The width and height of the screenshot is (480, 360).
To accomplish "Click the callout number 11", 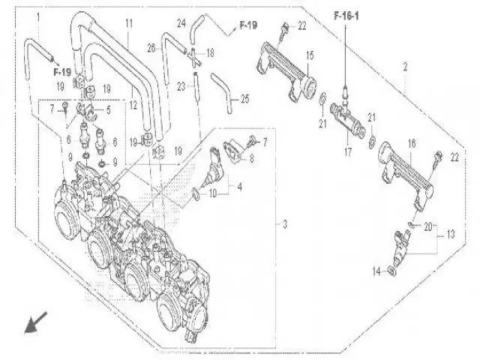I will [x=129, y=24].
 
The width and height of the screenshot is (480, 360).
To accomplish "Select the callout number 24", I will [x=181, y=23].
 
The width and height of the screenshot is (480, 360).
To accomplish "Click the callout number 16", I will [x=412, y=142].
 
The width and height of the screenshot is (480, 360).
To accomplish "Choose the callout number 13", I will [x=450, y=234].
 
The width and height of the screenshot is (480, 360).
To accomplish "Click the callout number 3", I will [x=285, y=223].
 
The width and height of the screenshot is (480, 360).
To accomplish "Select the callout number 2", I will [x=405, y=68].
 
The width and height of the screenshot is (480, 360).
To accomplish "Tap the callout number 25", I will [x=245, y=98].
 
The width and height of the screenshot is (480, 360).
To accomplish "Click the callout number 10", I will [x=212, y=193].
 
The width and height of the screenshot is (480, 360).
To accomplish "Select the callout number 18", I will [x=210, y=53].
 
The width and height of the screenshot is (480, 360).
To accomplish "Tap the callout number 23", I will [x=180, y=87].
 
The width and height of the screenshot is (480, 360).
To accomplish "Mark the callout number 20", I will [x=427, y=226].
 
